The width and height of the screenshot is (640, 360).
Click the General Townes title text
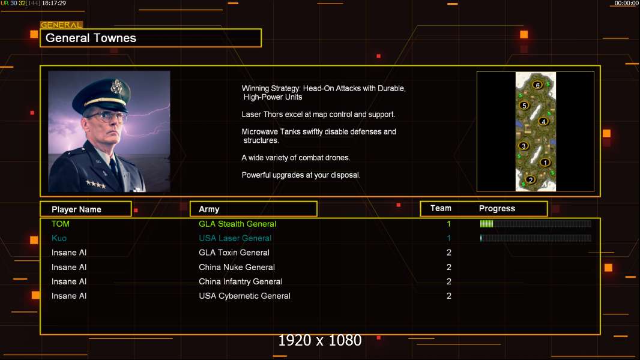tap(91, 38)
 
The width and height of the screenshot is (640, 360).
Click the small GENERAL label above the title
tap(61, 25)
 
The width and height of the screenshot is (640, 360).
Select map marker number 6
tap(537, 85)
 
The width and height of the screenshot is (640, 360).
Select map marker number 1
tap(545, 162)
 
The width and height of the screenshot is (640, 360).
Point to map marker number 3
tap(524, 146)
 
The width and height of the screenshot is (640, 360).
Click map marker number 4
tap(543, 121)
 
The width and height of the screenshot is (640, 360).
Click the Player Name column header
tap(76, 209)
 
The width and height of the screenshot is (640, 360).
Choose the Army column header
tap(209, 209)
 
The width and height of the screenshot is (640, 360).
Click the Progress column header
tap(497, 209)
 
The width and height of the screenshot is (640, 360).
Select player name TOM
tap(60, 224)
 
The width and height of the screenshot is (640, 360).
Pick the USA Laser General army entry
tap(235, 238)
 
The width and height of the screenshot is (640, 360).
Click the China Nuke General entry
tap(237, 267)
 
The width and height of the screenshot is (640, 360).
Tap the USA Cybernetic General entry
tap(244, 296)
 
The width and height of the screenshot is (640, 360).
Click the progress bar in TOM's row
tap(535, 224)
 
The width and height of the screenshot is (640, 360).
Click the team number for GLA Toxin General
tap(448, 253)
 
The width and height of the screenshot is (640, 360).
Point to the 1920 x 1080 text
tap(319, 341)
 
